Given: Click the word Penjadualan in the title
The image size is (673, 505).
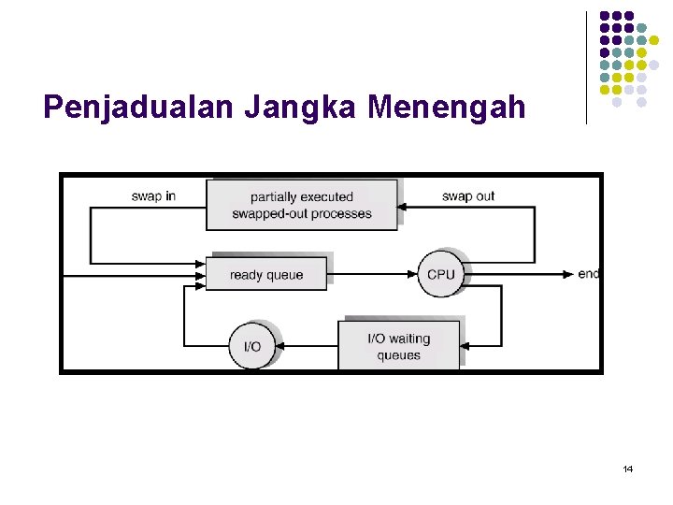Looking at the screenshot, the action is pyautogui.click(x=139, y=108).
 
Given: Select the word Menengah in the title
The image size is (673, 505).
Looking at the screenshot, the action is pyautogui.click(x=447, y=108).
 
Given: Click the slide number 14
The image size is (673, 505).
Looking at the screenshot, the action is pyautogui.click(x=627, y=468).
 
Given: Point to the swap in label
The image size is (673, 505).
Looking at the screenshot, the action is pyautogui.click(x=153, y=196).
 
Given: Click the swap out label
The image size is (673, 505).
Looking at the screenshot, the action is pyautogui.click(x=468, y=196).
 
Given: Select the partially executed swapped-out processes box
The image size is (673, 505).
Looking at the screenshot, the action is pyautogui.click(x=301, y=205).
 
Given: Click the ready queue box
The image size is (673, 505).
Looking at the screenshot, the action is pyautogui.click(x=266, y=275).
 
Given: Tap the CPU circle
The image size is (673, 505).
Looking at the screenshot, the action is pyautogui.click(x=440, y=274).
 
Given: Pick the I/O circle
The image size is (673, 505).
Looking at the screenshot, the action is pyautogui.click(x=252, y=346).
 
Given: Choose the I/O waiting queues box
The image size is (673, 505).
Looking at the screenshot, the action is pyautogui.click(x=399, y=346).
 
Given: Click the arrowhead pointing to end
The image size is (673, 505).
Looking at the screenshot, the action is pyautogui.click(x=570, y=274).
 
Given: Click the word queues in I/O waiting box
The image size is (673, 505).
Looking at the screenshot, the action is pyautogui.click(x=399, y=355).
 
